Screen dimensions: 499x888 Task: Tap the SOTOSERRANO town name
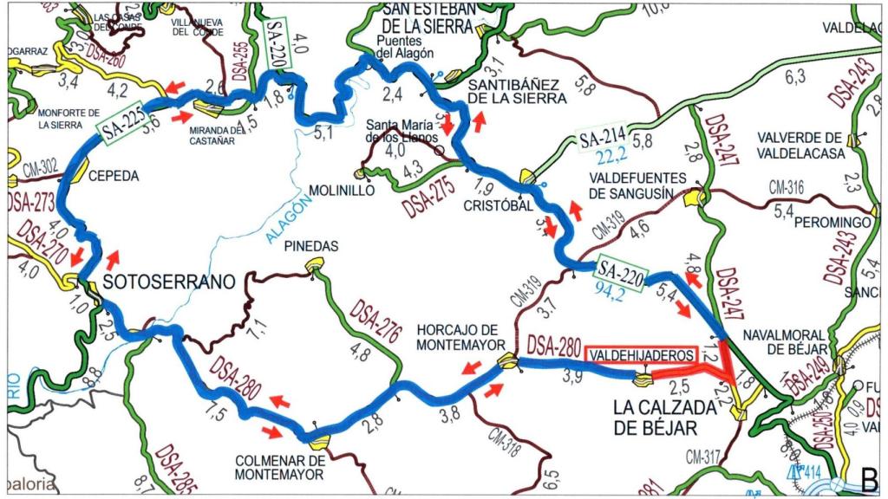click(x=169, y=282)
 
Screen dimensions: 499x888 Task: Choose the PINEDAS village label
click(x=311, y=247)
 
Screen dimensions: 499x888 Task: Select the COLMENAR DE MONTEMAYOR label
click(x=279, y=467)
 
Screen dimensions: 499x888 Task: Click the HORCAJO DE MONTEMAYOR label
click(x=456, y=337)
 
